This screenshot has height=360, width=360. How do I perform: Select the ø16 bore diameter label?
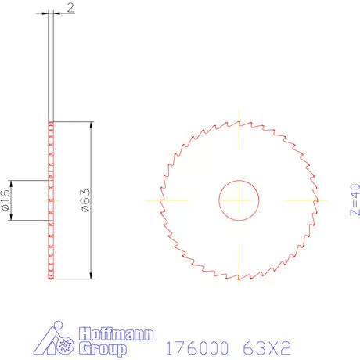point(6,200)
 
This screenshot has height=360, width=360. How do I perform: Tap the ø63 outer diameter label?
point(84,200)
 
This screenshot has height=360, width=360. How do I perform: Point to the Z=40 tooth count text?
point(352,200)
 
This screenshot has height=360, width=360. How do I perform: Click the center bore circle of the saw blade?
point(239,200)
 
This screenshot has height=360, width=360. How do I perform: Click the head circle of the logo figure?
point(55,325)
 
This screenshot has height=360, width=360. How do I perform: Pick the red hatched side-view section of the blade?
point(52,200)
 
